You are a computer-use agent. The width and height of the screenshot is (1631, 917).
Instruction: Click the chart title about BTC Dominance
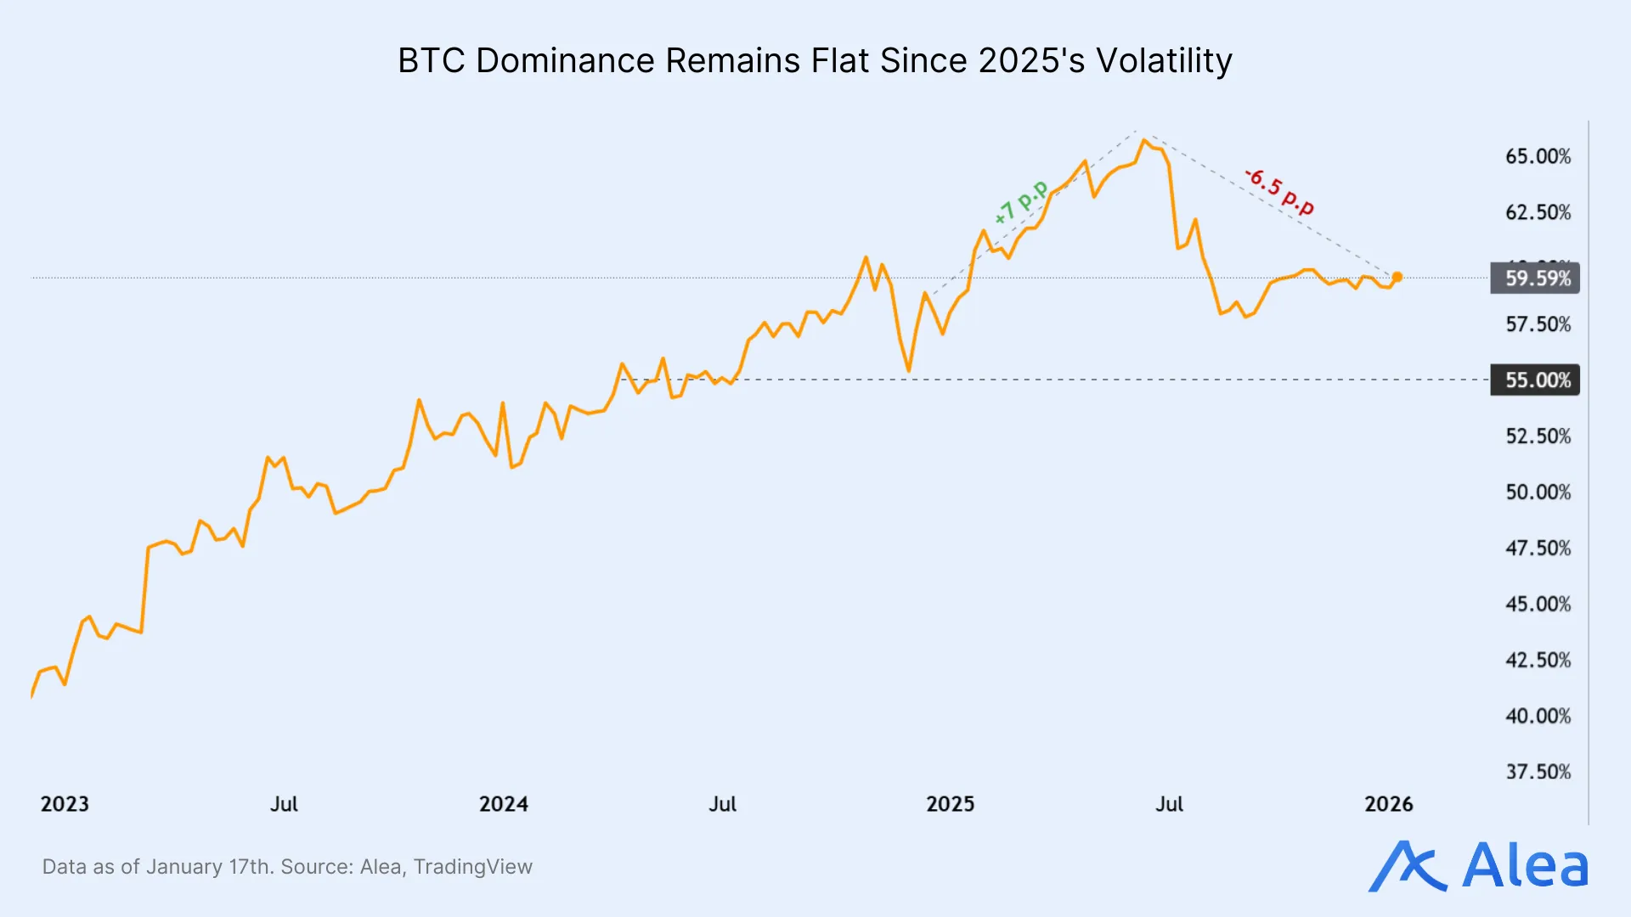(x=815, y=61)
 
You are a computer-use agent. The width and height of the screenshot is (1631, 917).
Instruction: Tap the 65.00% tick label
(x=1538, y=156)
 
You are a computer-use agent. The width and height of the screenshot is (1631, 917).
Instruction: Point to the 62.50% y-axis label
(x=1538, y=212)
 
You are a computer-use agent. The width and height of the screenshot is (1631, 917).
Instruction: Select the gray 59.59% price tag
(x=1535, y=278)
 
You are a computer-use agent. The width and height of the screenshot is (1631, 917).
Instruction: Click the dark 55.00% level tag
(x=1535, y=380)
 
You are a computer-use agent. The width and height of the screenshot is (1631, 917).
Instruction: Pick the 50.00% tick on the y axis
(x=1538, y=492)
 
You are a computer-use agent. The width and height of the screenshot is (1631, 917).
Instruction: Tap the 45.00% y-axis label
(x=1538, y=605)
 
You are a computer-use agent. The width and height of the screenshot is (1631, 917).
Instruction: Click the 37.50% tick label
(x=1538, y=772)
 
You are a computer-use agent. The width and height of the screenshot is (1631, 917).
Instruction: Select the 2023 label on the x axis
(x=65, y=804)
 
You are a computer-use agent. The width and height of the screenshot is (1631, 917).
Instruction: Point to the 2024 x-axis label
(x=503, y=804)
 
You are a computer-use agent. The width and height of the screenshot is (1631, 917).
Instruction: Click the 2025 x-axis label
(x=950, y=804)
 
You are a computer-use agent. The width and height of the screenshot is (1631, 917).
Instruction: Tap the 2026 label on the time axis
(x=1388, y=804)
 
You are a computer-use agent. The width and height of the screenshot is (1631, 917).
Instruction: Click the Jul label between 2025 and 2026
(x=1169, y=804)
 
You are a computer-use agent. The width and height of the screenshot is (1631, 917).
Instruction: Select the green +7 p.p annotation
(x=1021, y=203)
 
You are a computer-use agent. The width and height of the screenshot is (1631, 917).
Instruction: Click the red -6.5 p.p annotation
(x=1279, y=192)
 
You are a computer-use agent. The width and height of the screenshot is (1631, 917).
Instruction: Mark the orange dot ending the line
(x=1397, y=277)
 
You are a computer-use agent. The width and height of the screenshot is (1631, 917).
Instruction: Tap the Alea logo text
(x=1525, y=866)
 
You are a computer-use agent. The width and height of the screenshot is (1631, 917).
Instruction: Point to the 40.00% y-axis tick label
(x=1538, y=716)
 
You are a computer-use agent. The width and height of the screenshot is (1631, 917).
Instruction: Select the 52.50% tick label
(x=1538, y=436)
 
